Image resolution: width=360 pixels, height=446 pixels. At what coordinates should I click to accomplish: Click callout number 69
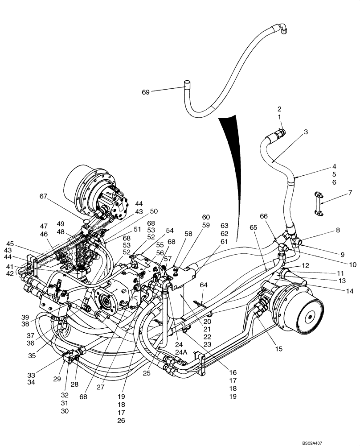coord(146,92)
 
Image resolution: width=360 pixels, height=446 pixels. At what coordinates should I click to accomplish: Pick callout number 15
coord(278,349)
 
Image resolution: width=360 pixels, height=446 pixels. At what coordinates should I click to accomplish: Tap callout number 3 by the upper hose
coord(306,132)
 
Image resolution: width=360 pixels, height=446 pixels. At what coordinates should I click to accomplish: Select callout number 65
coord(254,227)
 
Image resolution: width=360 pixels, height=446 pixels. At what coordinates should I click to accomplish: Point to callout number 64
coord(204,285)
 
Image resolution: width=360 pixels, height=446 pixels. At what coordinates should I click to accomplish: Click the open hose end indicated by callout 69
coord(188,83)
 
